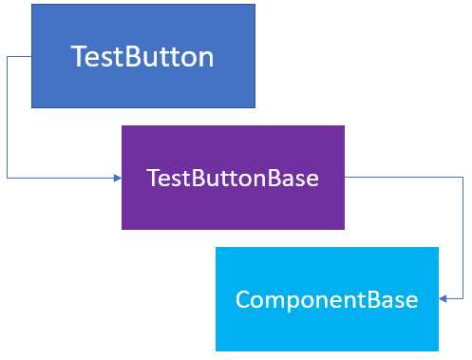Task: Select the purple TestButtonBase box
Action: pos(233,177)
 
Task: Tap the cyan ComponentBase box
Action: pos(327,299)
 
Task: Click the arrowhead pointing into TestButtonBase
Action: pos(117,178)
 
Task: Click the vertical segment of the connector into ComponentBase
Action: pos(463,237)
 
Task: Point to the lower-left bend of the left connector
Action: pos(8,178)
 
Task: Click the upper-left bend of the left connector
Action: pos(8,57)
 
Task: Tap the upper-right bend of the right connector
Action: pos(463,177)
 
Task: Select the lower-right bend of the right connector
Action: pos(463,299)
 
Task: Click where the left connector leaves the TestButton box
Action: pos(31,57)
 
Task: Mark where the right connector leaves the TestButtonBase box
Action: pos(346,177)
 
